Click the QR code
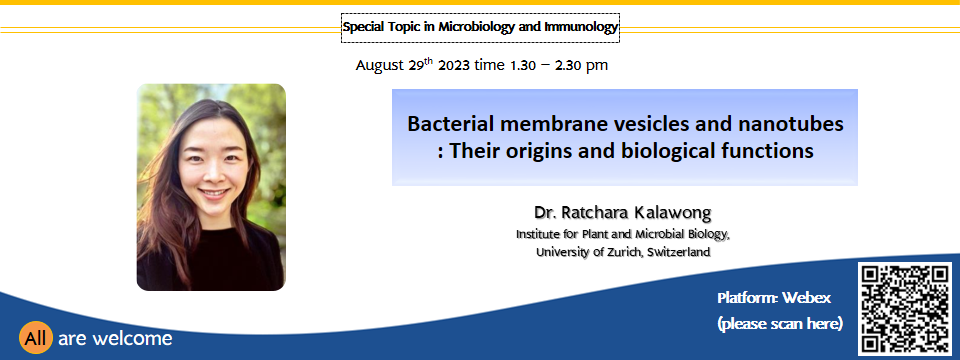(x=905, y=309)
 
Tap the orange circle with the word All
(x=36, y=338)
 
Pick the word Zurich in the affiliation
(x=626, y=252)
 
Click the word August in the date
(x=380, y=65)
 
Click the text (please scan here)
(x=780, y=323)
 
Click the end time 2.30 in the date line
(x=569, y=65)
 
